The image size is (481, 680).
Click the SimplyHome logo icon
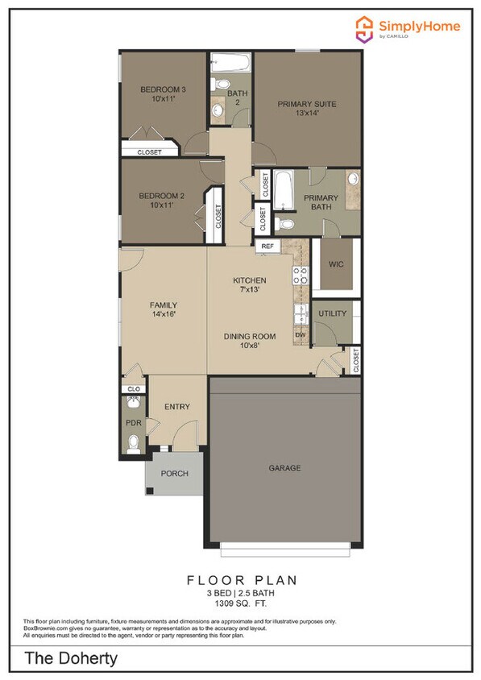[364, 29]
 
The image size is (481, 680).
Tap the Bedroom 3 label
[163, 89]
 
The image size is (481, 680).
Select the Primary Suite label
[307, 104]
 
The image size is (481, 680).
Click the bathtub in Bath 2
[230, 63]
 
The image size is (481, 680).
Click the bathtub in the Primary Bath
[284, 190]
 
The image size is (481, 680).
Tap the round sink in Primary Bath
[354, 178]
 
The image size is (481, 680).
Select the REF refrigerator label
[267, 247]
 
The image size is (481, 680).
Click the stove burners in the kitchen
[301, 276]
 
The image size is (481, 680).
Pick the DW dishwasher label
[301, 335]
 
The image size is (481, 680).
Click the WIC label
[336, 264]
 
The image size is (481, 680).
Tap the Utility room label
[332, 313]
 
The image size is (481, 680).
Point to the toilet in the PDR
[134, 444]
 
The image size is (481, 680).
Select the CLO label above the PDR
[134, 389]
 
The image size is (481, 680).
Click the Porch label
[175, 474]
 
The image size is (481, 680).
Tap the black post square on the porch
[150, 491]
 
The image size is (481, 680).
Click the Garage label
[284, 468]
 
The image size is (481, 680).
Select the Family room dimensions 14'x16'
[164, 314]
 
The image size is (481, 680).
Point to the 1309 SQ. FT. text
[241, 603]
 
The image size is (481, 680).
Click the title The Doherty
[71, 658]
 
